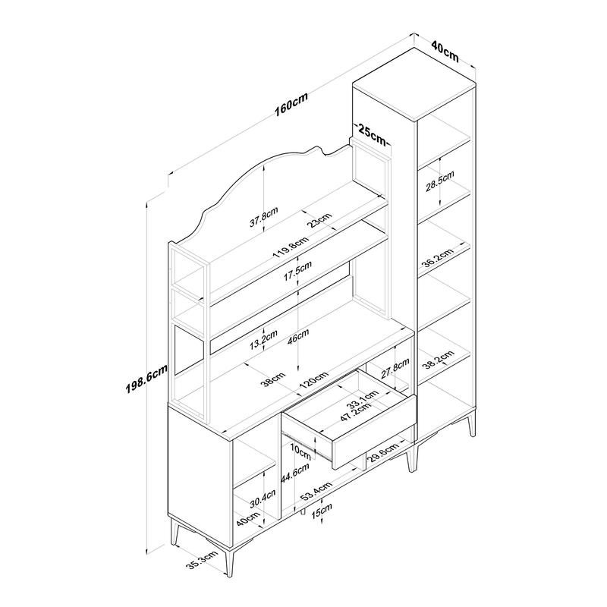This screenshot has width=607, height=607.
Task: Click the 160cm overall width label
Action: click(291, 104)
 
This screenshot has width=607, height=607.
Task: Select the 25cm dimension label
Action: click(372, 134)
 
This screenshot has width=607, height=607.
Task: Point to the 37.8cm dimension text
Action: click(263, 217)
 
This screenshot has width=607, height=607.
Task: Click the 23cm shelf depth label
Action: click(319, 220)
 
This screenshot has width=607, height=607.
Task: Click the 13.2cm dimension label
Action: click(263, 339)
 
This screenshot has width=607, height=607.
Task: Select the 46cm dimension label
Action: click(297, 335)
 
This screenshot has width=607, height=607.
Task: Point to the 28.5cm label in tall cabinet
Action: click(440, 181)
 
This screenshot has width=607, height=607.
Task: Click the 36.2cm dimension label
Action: click(438, 258)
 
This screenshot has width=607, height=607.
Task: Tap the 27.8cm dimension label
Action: click(395, 368)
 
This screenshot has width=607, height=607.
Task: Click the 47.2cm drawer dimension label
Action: click(356, 412)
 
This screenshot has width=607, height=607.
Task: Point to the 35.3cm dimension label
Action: click(202, 560)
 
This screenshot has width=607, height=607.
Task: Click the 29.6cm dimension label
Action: click(382, 453)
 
